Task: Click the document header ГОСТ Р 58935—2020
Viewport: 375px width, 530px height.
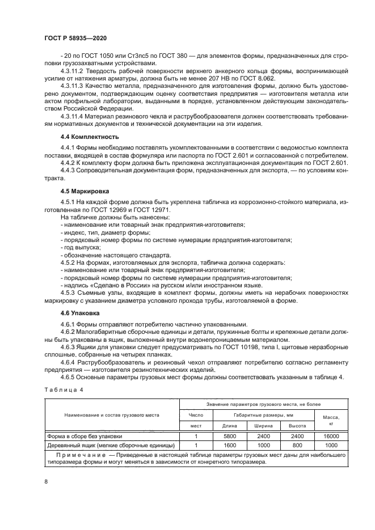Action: [75, 37]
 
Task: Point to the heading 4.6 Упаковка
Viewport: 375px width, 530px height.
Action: [80, 312]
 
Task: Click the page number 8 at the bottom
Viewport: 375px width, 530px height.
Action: [45, 481]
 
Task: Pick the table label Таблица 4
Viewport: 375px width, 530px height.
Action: [64, 390]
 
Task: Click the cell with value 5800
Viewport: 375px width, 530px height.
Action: [230, 436]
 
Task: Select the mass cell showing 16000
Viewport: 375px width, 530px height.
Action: [331, 436]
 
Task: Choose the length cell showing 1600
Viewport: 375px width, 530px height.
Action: [230, 445]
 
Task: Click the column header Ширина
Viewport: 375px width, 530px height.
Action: [263, 425]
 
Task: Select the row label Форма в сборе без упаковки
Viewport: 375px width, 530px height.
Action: [85, 436]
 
